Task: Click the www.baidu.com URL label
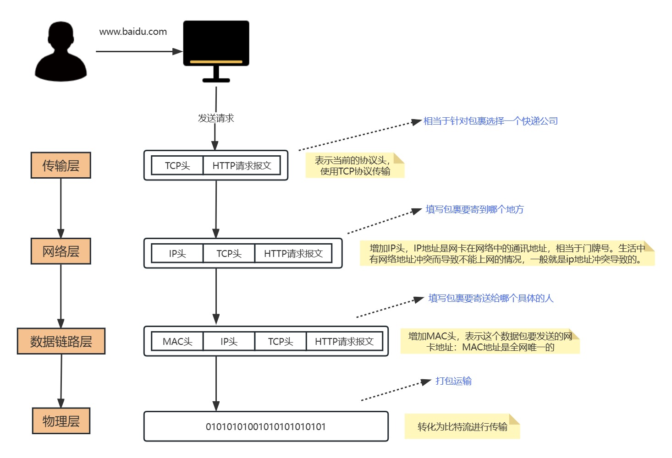[x=133, y=32]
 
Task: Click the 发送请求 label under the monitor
[x=216, y=118]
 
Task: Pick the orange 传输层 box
[x=61, y=165]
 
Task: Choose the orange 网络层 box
[x=61, y=251]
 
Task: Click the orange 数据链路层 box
[x=61, y=341]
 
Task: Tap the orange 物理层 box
[x=61, y=421]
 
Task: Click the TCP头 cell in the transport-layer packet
[x=177, y=166]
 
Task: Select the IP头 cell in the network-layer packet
[x=177, y=254]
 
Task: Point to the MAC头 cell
[x=177, y=342]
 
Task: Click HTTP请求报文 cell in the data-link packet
[x=344, y=342]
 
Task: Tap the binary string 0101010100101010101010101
[x=266, y=427]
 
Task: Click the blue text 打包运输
[x=453, y=381]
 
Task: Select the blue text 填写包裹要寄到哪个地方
[x=474, y=209]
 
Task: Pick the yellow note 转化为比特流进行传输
[x=462, y=427]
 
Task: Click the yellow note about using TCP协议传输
[x=355, y=166]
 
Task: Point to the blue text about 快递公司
[x=490, y=121]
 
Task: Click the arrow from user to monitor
[x=138, y=51]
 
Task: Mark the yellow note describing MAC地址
[x=490, y=342]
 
